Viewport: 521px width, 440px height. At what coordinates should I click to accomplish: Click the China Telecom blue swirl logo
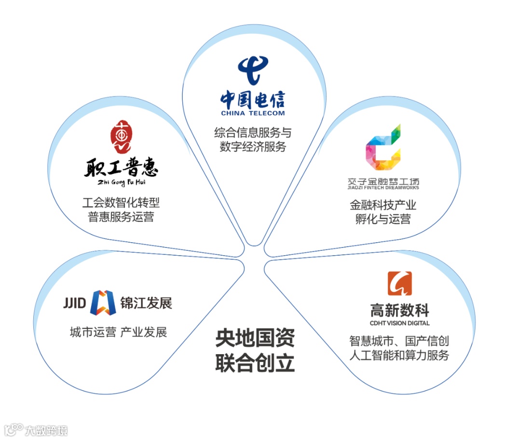pyautogui.click(x=253, y=70)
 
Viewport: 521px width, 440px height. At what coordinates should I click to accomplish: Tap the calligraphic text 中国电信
pyautogui.click(x=253, y=99)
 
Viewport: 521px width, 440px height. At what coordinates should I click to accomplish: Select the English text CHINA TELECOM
pyautogui.click(x=253, y=113)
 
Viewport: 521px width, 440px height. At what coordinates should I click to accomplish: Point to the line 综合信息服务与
pyautogui.click(x=253, y=132)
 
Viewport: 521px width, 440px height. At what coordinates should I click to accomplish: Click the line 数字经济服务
pyautogui.click(x=253, y=147)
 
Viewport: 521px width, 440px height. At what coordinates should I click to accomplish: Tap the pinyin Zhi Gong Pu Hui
pyautogui.click(x=121, y=183)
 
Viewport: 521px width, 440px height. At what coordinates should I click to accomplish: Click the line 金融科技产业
pyautogui.click(x=383, y=205)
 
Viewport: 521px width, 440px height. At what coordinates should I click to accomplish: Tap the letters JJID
pyautogui.click(x=74, y=303)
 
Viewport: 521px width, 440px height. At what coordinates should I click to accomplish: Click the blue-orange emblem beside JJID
pyautogui.click(x=104, y=302)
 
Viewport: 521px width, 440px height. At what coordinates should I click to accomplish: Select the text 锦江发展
pyautogui.click(x=146, y=303)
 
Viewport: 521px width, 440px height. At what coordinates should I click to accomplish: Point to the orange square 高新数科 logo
pyautogui.click(x=399, y=283)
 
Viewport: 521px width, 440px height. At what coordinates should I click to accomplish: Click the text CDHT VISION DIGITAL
pyautogui.click(x=399, y=323)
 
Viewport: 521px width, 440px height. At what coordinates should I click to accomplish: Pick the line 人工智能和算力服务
pyautogui.click(x=399, y=356)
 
